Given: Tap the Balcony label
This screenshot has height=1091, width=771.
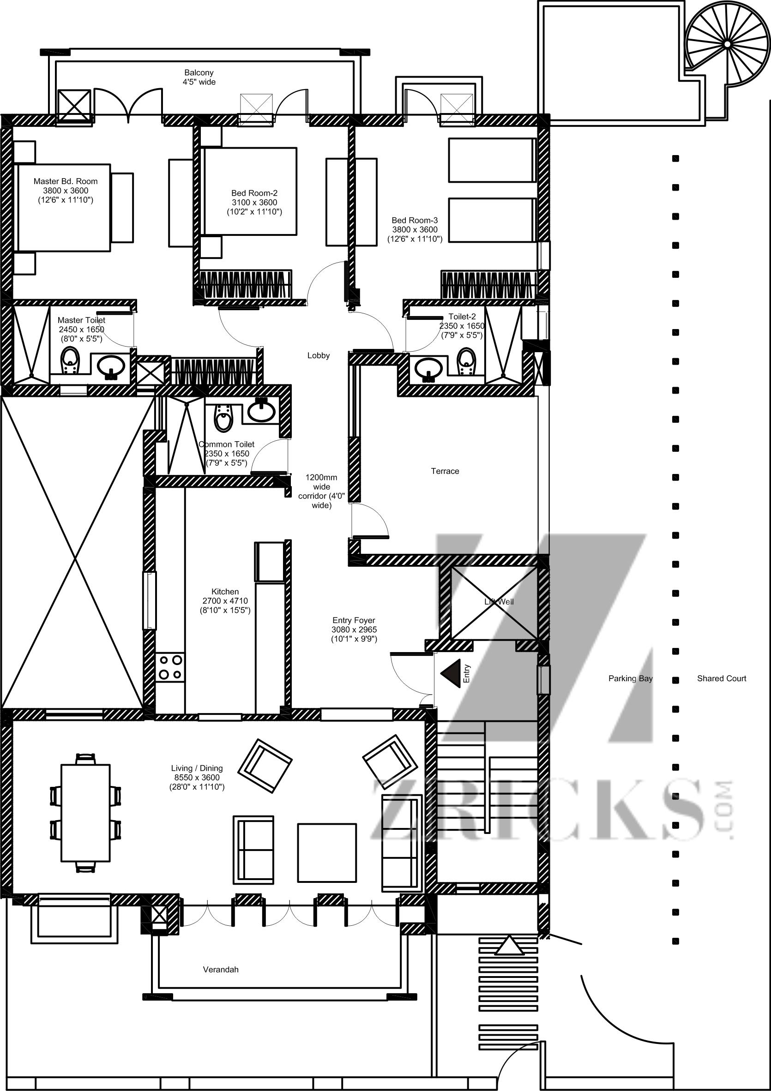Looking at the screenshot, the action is tap(199, 73).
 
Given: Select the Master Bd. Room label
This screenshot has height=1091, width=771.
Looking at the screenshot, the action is tap(66, 181).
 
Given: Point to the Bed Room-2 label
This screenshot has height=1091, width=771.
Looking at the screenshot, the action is tap(254, 193).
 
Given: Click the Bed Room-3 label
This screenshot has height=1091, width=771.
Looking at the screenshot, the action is tap(415, 220).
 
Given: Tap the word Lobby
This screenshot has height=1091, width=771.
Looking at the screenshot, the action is tap(319, 355).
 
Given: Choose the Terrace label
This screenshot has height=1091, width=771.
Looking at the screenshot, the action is tap(445, 471).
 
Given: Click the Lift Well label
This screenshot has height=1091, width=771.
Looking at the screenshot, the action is tap(499, 601).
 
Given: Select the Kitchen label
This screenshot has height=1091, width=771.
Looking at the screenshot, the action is tap(225, 592).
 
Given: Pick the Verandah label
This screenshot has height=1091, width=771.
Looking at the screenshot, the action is tap(221, 969).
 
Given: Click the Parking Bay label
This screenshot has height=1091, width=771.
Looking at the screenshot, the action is tap(630, 678).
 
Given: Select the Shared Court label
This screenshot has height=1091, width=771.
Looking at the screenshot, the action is tap(722, 678).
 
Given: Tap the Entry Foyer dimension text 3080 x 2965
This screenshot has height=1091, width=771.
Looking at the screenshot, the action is tap(354, 629).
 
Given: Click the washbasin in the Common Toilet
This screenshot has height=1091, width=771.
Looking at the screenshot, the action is tap(261, 411).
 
